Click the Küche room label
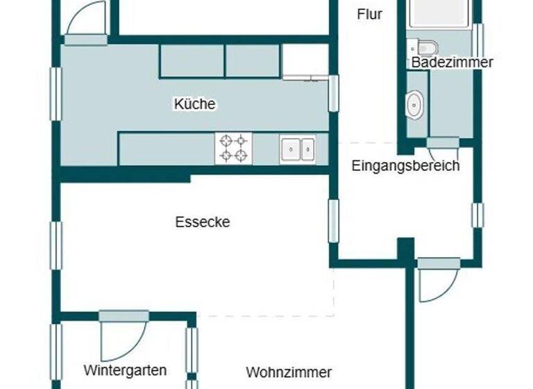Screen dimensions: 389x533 (194, 104)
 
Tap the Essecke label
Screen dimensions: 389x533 (202, 222)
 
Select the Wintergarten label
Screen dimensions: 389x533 (125, 370)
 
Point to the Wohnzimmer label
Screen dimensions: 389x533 (289, 372)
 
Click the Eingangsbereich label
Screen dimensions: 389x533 (405, 166)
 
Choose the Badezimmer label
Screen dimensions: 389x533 (452, 63)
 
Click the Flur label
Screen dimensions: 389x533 (369, 14)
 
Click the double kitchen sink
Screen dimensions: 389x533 (298, 149)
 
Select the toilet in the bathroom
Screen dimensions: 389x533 (424, 47)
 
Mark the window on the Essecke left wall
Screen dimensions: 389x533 (56, 245)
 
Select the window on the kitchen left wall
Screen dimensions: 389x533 (55, 94)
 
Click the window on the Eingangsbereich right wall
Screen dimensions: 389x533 (477, 215)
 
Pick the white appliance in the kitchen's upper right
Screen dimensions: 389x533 (305, 61)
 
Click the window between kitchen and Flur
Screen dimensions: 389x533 (334, 93)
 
